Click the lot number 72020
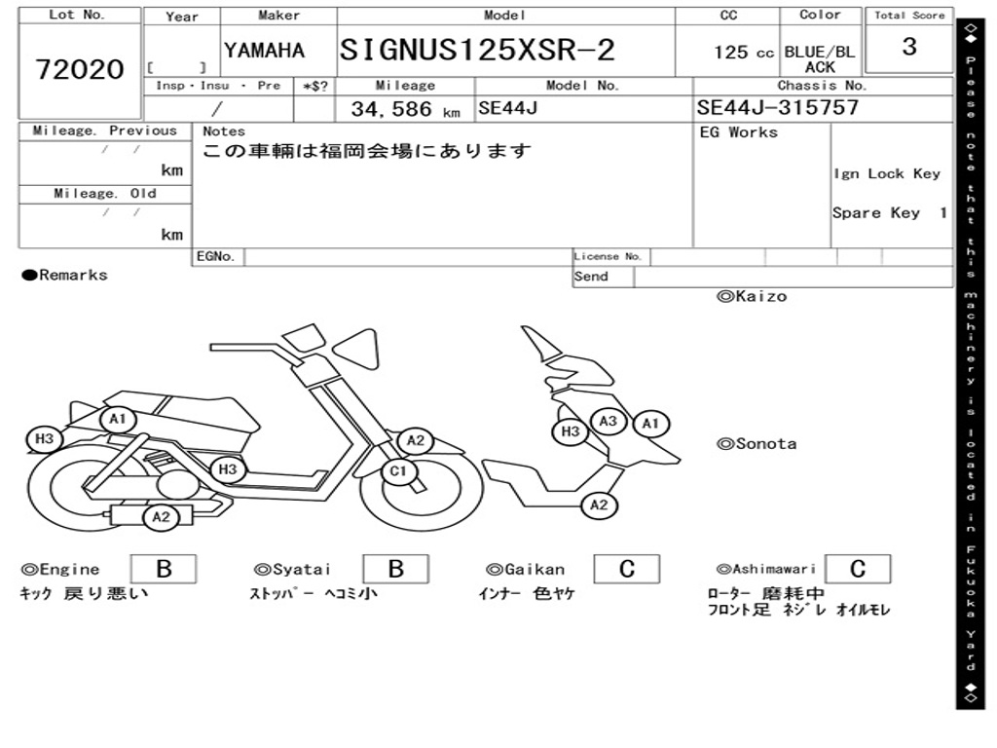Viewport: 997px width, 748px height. (x=80, y=69)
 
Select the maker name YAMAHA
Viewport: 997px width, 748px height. (x=264, y=51)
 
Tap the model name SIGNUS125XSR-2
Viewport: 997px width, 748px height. (x=477, y=51)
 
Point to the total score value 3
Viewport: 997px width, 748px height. (x=908, y=47)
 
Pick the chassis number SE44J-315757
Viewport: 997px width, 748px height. (x=778, y=108)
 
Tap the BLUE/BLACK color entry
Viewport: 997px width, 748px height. (x=820, y=59)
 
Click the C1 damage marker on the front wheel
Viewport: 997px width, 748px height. (x=397, y=473)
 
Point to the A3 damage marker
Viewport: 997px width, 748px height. (x=609, y=421)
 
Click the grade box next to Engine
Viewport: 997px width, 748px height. (x=163, y=569)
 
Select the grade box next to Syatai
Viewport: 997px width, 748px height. (x=395, y=569)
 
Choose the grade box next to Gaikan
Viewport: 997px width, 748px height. (x=627, y=569)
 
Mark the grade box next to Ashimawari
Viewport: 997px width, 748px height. (x=857, y=569)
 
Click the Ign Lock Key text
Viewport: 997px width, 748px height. (x=886, y=173)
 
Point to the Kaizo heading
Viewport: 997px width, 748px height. (x=752, y=296)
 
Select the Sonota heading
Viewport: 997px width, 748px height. (x=757, y=444)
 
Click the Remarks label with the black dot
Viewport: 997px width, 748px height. (x=65, y=276)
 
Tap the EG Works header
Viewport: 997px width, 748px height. (x=739, y=132)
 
